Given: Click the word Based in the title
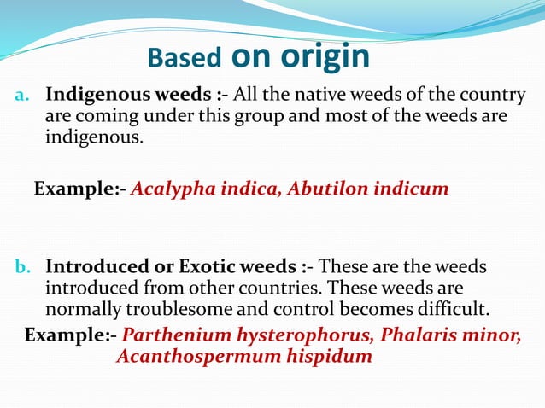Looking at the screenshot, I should click(x=182, y=57).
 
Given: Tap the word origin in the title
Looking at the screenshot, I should click(x=325, y=55).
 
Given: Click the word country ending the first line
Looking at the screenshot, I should click(x=494, y=95).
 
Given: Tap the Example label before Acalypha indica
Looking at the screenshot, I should click(x=76, y=189).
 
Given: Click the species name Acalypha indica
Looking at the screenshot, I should click(x=206, y=189).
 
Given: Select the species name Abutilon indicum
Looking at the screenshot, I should click(x=368, y=189).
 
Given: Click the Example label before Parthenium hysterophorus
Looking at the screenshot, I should click(x=67, y=335).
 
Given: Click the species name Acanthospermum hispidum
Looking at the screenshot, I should click(x=244, y=356).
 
